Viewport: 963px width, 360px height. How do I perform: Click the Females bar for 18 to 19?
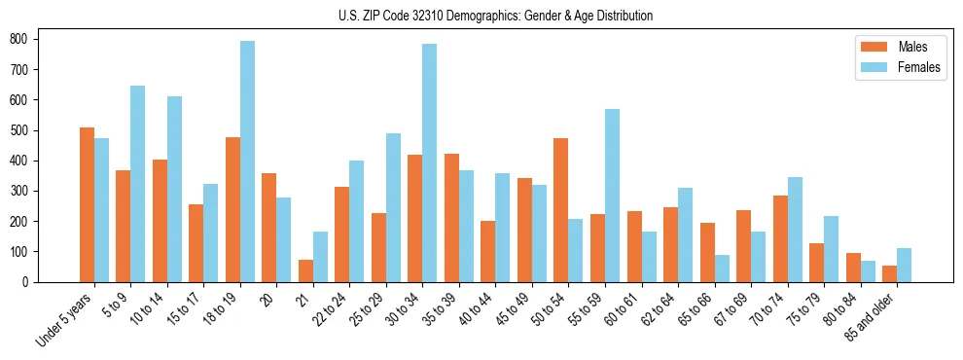pyautogui.click(x=247, y=162)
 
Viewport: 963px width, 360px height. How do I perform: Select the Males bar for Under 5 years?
pyautogui.click(x=87, y=204)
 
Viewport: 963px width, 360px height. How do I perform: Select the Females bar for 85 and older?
pyautogui.click(x=904, y=265)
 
